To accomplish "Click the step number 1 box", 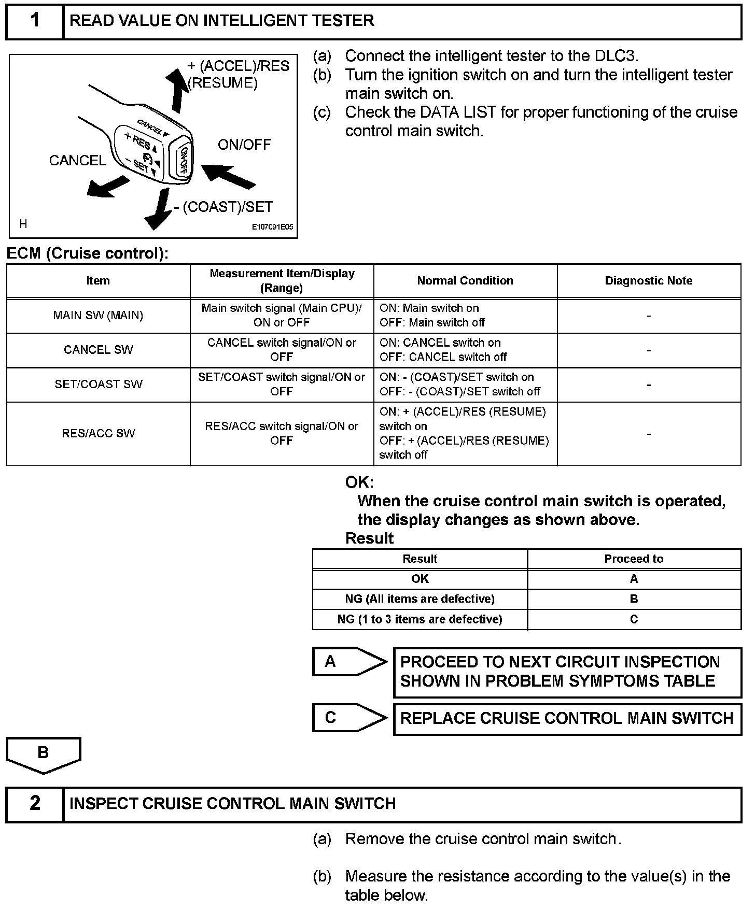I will [x=35, y=21].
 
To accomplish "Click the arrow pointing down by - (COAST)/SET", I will [x=158, y=210].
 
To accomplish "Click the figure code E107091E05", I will [x=272, y=227].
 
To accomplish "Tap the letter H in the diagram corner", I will [x=23, y=224].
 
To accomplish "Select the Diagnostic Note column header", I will [x=648, y=281].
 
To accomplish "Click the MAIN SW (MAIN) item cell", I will [x=98, y=316].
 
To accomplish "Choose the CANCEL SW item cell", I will [x=98, y=350].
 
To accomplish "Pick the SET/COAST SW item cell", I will [x=98, y=385].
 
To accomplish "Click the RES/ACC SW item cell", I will [x=98, y=433].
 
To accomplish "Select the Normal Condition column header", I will [x=465, y=281].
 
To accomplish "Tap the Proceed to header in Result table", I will [x=634, y=559].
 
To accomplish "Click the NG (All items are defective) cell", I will [x=420, y=599].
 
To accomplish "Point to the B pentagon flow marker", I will [x=44, y=754].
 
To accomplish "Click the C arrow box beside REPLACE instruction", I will [x=348, y=718].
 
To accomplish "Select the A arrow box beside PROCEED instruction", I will [x=348, y=662].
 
